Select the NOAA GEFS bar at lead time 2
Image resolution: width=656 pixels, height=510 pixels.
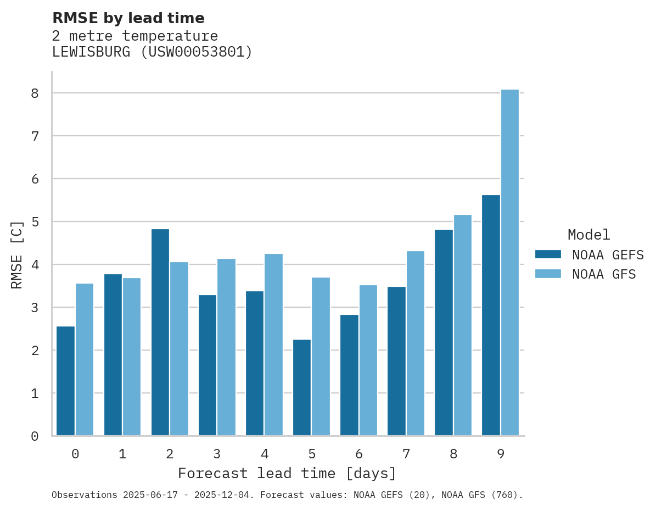(x=160, y=332)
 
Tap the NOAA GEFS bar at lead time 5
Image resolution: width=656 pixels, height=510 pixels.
(x=302, y=387)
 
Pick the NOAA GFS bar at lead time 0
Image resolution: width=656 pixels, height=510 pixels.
(x=85, y=359)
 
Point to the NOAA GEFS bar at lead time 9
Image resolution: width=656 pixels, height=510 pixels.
(x=491, y=315)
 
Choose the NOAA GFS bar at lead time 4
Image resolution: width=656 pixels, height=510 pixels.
(x=273, y=345)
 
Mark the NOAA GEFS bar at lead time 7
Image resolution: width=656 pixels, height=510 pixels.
(x=396, y=361)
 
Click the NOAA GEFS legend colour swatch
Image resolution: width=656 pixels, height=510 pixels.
(x=548, y=254)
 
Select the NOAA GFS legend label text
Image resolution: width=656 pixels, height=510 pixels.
(x=604, y=274)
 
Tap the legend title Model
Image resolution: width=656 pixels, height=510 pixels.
(x=588, y=235)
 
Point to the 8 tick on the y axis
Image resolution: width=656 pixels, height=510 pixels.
(x=35, y=93)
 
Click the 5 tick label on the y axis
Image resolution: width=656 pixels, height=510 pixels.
(x=35, y=222)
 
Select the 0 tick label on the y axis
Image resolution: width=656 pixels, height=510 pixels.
(x=35, y=436)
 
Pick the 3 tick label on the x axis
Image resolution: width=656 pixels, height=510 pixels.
(x=217, y=454)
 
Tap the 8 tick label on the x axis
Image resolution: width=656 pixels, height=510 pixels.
(x=453, y=454)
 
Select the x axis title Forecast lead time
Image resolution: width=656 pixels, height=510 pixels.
(x=287, y=473)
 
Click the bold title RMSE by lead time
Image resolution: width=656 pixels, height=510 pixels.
(x=128, y=18)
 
